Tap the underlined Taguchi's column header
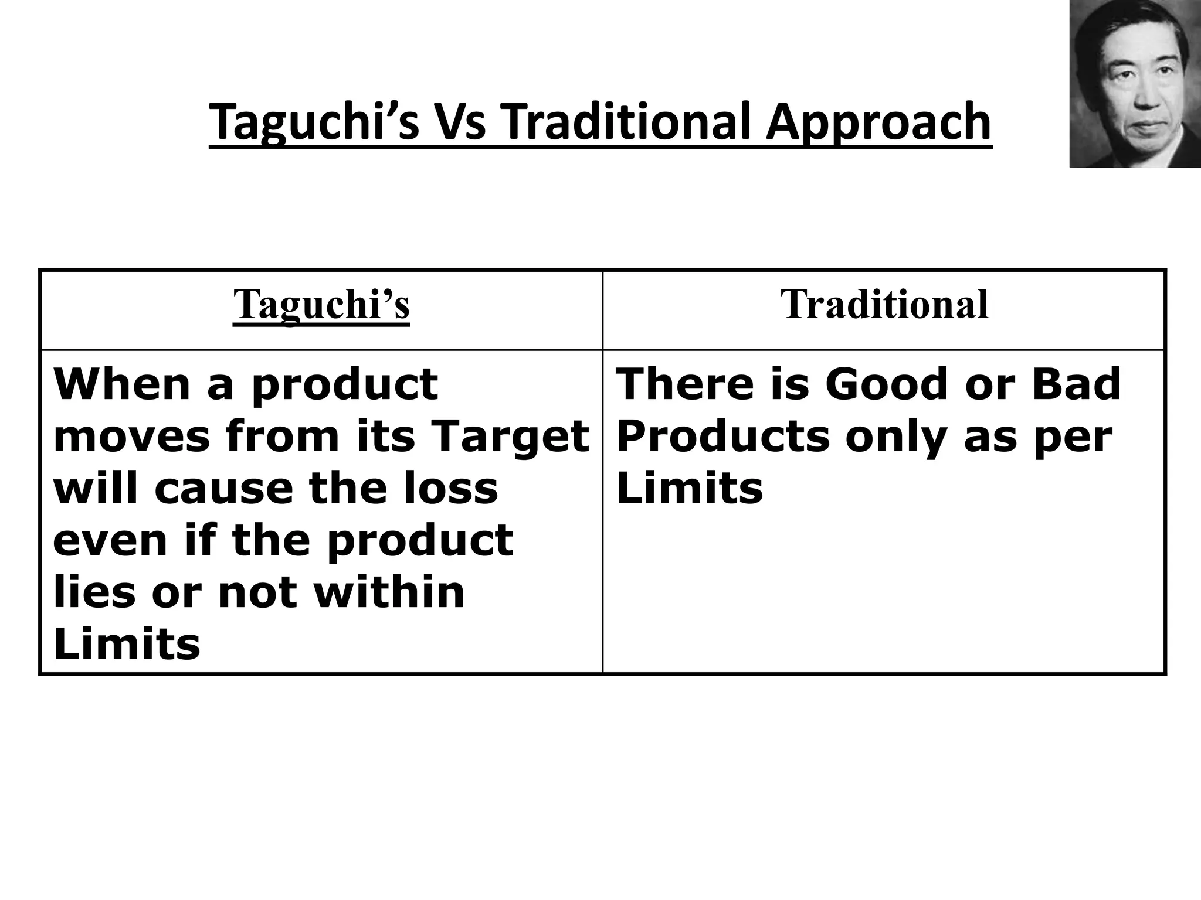[x=321, y=304]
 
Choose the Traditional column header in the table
[x=884, y=304]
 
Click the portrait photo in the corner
[x=1135, y=84]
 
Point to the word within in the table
[x=389, y=592]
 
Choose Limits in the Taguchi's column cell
[x=127, y=644]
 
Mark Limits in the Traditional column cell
[x=690, y=488]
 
